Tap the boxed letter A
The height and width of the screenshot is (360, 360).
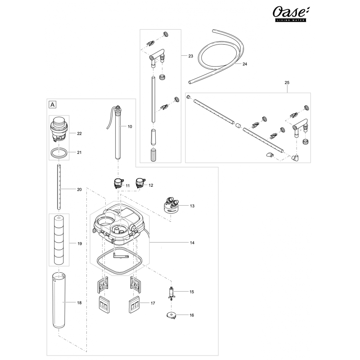pyautogui.click(x=53, y=104)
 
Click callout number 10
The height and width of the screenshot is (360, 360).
pyautogui.click(x=130, y=127)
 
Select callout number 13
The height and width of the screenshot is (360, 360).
pyautogui.click(x=192, y=206)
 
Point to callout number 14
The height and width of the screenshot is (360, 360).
pyautogui.click(x=192, y=243)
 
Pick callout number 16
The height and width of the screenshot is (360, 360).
pyautogui.click(x=192, y=315)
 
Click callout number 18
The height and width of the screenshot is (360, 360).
pyautogui.click(x=80, y=303)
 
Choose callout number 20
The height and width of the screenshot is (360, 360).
pyautogui.click(x=79, y=189)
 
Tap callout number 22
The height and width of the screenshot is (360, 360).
pyautogui.click(x=80, y=134)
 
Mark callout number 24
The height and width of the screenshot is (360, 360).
pyautogui.click(x=245, y=64)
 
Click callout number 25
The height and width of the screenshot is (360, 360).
pyautogui.click(x=287, y=83)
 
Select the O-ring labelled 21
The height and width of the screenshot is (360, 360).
pyautogui.click(x=59, y=153)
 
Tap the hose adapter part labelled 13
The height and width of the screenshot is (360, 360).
pyautogui.click(x=171, y=205)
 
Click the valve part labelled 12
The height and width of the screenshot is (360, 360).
pyautogui.click(x=140, y=183)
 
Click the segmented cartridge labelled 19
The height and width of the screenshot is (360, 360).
pyautogui.click(x=59, y=241)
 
